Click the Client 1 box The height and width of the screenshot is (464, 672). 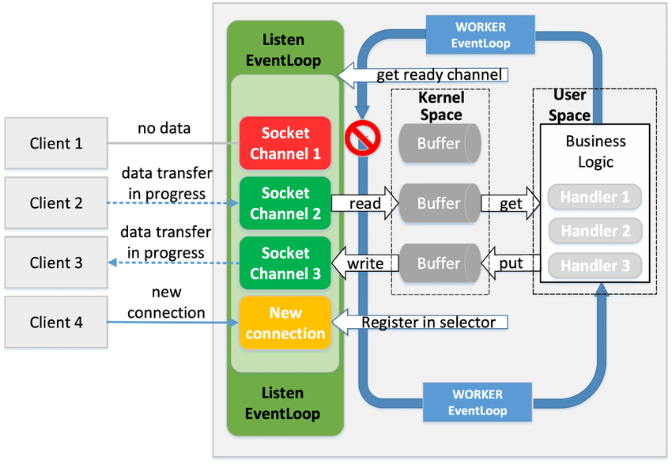coord(55,143)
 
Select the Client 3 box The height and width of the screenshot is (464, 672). coord(55,262)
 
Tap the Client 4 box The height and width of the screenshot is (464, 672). coord(55,323)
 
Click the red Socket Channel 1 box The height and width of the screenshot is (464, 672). coord(285,143)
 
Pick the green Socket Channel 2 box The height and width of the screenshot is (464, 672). coord(285,203)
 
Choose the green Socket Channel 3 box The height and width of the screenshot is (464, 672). coord(285,263)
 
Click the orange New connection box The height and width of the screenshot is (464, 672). coord(285,323)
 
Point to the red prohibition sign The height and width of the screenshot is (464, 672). coord(363,139)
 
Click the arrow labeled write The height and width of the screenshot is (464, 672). coord(362,263)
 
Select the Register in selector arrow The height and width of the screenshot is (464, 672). coord(422,323)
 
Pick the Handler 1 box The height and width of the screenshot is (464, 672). coord(595,197)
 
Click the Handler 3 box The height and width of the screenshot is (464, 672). coord(595,266)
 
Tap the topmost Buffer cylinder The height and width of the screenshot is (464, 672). coord(439,144)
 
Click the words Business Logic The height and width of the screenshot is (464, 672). coord(595,152)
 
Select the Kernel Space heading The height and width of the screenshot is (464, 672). coord(440,106)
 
